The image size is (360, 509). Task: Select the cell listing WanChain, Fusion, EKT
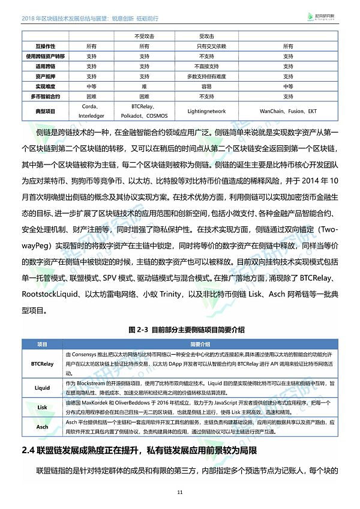point(288,112)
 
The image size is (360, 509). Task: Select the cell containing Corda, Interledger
point(91,112)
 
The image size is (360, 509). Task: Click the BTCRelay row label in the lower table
point(43,364)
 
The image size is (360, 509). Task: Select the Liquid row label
point(43,388)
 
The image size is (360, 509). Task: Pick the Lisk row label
point(43,407)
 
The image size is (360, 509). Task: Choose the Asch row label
point(43,427)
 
